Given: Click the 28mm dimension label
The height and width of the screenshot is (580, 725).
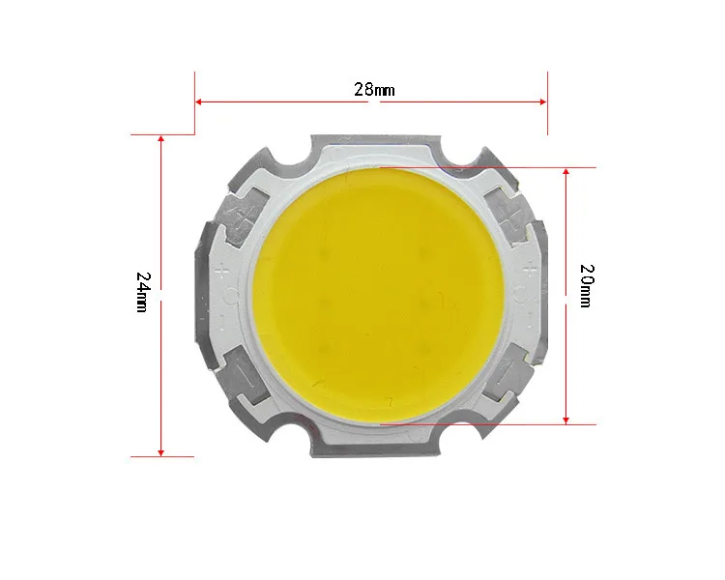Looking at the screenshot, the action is pyautogui.click(x=374, y=89).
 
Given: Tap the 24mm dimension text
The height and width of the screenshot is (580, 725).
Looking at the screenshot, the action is pyautogui.click(x=143, y=292).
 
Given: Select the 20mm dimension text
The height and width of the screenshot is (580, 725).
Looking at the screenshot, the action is pyautogui.click(x=587, y=286).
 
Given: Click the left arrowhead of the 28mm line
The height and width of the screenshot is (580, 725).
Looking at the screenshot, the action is pyautogui.click(x=198, y=101).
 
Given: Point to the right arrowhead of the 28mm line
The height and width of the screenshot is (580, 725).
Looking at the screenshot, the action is pyautogui.click(x=543, y=101).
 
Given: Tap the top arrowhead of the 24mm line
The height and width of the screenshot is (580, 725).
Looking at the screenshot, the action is pyautogui.click(x=160, y=139).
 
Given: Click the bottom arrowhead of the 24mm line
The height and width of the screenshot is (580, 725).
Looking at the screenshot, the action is pyautogui.click(x=160, y=452).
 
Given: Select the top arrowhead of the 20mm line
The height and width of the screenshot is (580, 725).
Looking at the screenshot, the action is pyautogui.click(x=565, y=172).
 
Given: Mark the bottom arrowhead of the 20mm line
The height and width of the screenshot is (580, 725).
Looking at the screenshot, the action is pyautogui.click(x=565, y=420).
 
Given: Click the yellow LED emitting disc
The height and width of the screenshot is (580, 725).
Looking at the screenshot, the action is pyautogui.click(x=378, y=296).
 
